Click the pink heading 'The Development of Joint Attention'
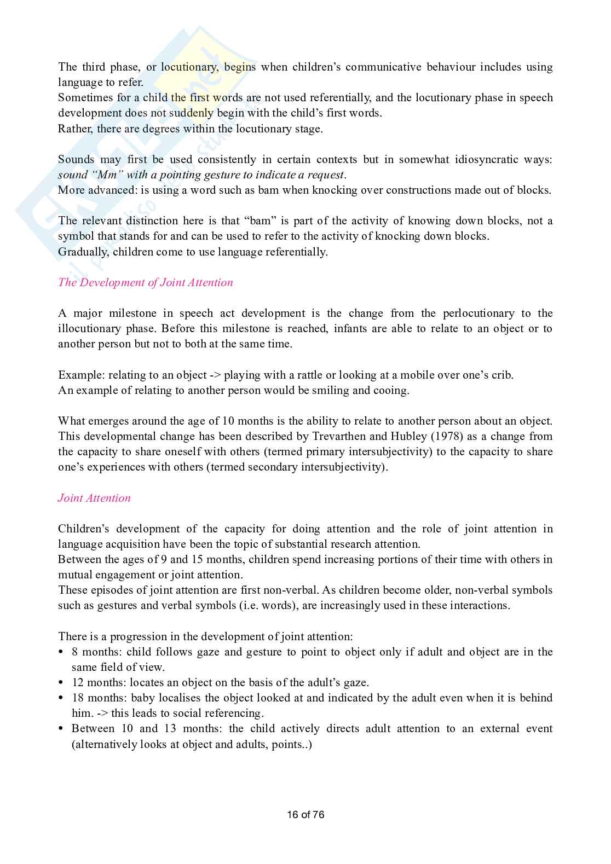coord(145,282)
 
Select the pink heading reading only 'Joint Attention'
coord(94,498)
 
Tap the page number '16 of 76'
coord(305,814)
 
